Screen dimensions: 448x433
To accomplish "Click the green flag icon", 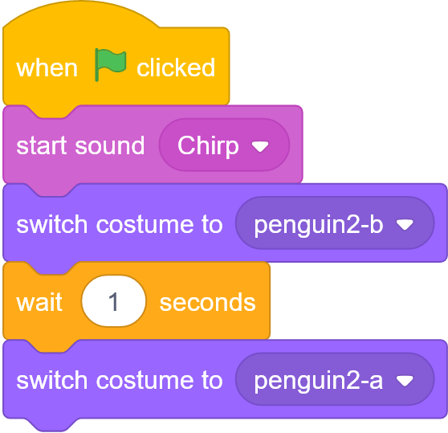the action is coord(110,64).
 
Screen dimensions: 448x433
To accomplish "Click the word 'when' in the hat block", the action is coord(47,68).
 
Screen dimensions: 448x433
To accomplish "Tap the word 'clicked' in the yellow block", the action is coord(176,67).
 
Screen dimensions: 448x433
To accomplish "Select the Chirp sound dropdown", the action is coord(224,145).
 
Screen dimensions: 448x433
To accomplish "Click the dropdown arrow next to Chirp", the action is coord(260,147).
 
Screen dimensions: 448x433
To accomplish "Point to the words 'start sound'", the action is coord(80,145).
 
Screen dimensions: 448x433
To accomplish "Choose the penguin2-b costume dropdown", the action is coord(335,223).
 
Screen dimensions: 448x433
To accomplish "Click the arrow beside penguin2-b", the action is coord(405,225).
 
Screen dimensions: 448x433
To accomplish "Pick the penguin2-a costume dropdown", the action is coord(335,379).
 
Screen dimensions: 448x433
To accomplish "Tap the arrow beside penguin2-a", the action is coord(405,381).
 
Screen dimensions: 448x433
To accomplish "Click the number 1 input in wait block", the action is coord(114,301).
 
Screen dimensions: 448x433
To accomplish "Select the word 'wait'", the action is coord(39,302).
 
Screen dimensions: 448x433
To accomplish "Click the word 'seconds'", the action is coord(207,303).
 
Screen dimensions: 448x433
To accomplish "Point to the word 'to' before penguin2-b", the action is coord(212,225).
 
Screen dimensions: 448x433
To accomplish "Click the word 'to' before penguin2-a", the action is coord(212,381).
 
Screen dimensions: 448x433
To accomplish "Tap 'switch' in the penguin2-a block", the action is coord(51,381).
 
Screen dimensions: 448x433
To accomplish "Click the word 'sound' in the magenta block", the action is coord(110,145).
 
